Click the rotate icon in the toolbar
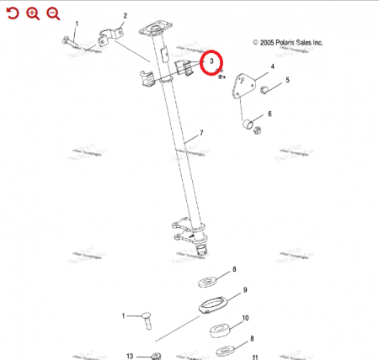pyautogui.click(x=12, y=13)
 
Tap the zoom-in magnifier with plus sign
pyautogui.click(x=33, y=13)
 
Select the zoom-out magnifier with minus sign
pyautogui.click(x=53, y=13)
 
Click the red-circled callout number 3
pyautogui.click(x=211, y=62)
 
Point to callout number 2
pyautogui.click(x=125, y=15)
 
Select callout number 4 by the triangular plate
pyautogui.click(x=272, y=66)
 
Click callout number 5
pyautogui.click(x=287, y=81)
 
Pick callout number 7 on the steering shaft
pyautogui.click(x=200, y=134)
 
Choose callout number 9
pyautogui.click(x=244, y=290)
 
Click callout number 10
pyautogui.click(x=245, y=318)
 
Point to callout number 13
pyautogui.click(x=130, y=356)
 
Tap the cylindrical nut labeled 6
pyautogui.click(x=249, y=126)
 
